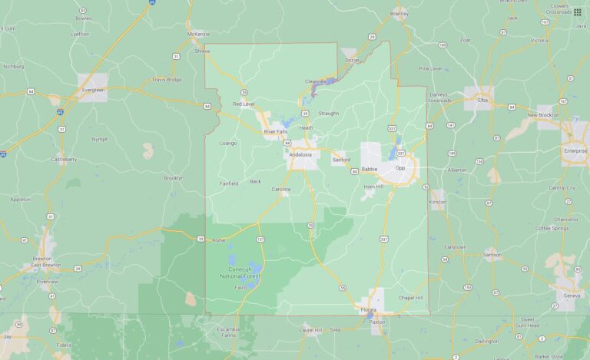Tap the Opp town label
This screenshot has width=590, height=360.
coord(399,167)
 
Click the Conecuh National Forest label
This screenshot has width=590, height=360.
coord(240,272)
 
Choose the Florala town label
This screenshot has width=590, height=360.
coord(369,309)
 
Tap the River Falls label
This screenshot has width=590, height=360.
coord(275,131)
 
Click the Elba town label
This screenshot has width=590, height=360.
coord(482,100)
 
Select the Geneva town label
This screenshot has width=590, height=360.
coord(569,295)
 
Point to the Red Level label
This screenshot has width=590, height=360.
coord(243,104)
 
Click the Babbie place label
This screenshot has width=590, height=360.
coord(369,167)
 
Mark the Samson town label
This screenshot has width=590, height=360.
coord(492,254)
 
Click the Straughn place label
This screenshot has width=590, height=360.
coord(328,114)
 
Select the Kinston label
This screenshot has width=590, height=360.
coord(437,202)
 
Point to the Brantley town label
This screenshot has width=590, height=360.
coord(399,14)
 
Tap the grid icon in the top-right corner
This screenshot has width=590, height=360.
coord(577,12)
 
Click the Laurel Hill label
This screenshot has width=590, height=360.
coord(311,329)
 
